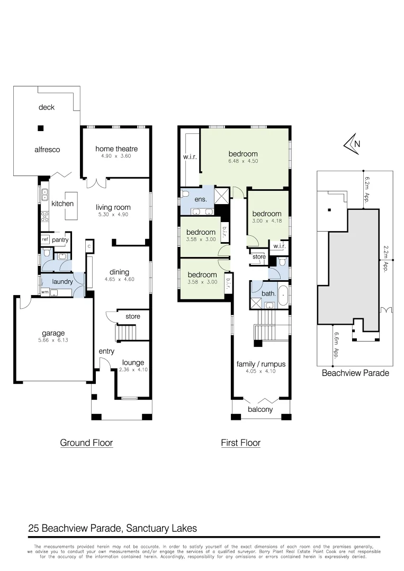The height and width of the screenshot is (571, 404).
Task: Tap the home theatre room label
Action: tap(116, 149)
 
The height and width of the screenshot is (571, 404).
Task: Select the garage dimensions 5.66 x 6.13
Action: tap(53, 340)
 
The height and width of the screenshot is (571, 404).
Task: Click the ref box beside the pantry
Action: tap(45, 240)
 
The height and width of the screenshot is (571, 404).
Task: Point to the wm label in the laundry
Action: tap(45, 291)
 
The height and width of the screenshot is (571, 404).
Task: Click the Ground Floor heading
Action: tap(86, 443)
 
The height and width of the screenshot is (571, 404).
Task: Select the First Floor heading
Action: tap(240, 443)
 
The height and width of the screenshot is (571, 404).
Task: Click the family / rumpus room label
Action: tap(261, 364)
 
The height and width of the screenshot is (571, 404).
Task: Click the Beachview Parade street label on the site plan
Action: tap(355, 373)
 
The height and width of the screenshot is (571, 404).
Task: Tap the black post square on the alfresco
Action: tap(40, 127)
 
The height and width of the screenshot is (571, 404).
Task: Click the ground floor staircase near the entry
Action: tap(126, 333)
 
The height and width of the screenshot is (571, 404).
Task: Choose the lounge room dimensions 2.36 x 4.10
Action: tap(133, 370)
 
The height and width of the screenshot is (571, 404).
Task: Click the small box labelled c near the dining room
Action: tap(89, 246)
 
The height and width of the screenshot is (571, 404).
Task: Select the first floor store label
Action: tap(259, 257)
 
